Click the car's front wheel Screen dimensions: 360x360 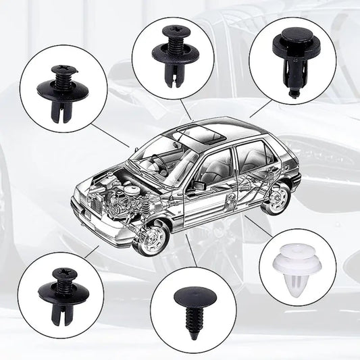[153, 237]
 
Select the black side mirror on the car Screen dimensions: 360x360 [201, 184]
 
